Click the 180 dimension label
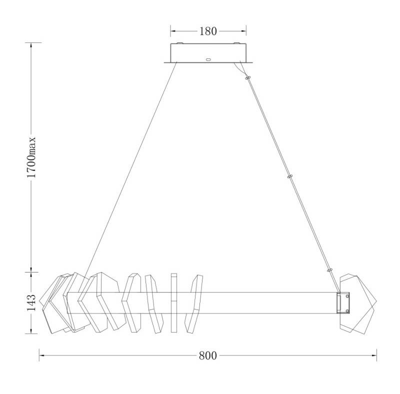pos(207,31)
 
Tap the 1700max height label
pos(31,157)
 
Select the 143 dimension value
pos(31,302)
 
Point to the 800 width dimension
pos(207,355)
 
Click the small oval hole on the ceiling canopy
pos(208,59)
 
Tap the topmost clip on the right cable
pos(247,77)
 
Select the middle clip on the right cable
pos(289,176)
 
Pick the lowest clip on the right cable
pos(330,270)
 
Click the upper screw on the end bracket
pos(347,296)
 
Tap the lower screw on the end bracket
pos(347,310)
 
